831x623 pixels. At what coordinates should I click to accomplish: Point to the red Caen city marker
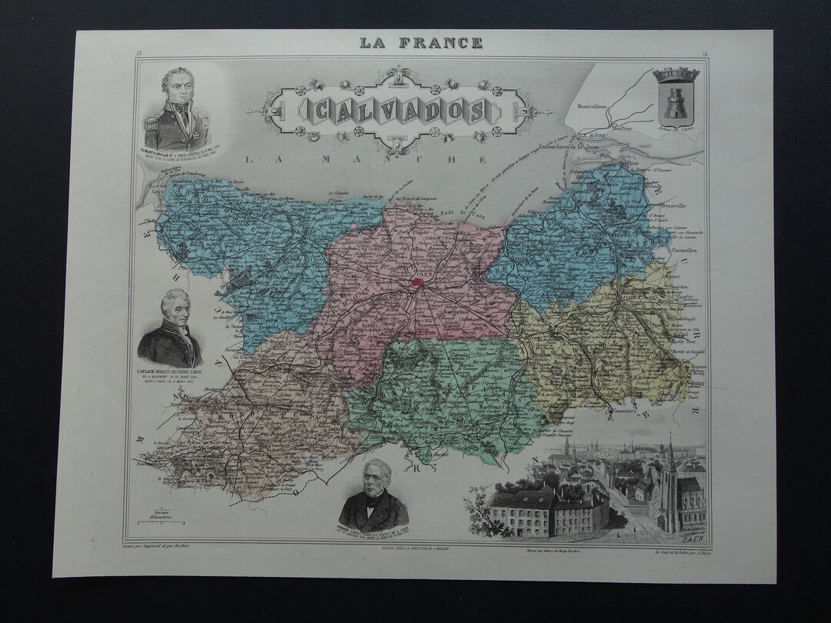(x=418, y=282)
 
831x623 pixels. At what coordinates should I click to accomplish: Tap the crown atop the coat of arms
(x=676, y=75)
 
